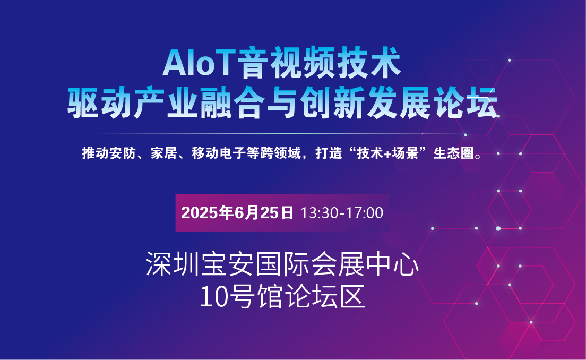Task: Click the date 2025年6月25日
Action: pyautogui.click(x=237, y=213)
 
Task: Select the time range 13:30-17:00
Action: pyautogui.click(x=342, y=213)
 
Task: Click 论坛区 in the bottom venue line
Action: pyautogui.click(x=324, y=297)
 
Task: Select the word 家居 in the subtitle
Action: pyautogui.click(x=163, y=153)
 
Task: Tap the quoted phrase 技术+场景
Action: pyautogui.click(x=387, y=153)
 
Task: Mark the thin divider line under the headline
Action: pyautogui.click(x=280, y=133)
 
